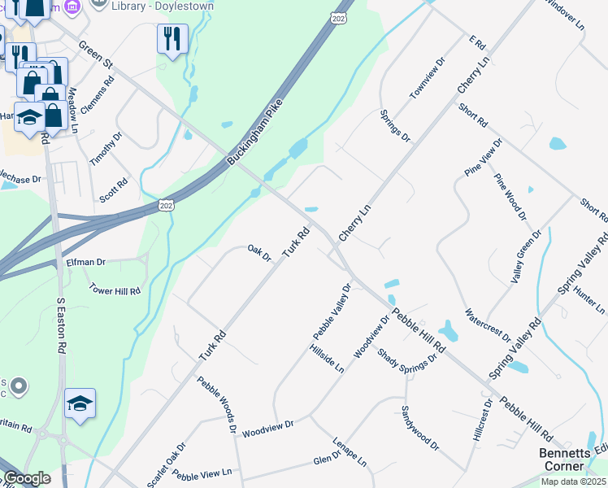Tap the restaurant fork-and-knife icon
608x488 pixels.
click(172, 38)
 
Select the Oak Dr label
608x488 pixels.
click(259, 252)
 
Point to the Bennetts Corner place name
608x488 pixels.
click(562, 460)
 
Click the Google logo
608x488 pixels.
click(27, 479)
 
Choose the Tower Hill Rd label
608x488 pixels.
click(115, 290)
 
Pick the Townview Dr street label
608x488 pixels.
click(428, 78)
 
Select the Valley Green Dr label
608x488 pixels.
click(526, 257)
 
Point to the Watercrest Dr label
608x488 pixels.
click(487, 325)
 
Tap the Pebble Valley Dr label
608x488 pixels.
click(332, 312)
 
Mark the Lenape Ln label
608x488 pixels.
click(350, 452)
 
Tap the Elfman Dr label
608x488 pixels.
click(85, 263)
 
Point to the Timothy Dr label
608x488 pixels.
click(105, 149)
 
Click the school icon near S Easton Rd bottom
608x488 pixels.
click(80, 403)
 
